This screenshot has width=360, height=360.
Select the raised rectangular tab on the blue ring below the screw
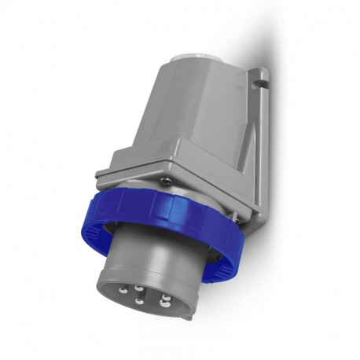click(x=178, y=206)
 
